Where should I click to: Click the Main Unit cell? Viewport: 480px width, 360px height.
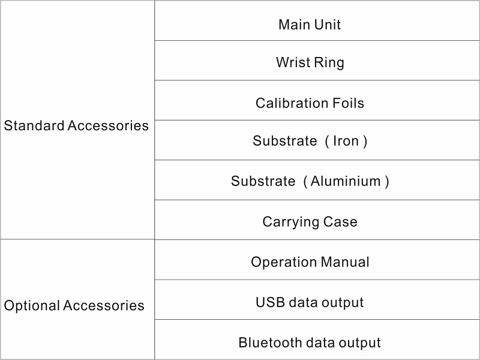(317, 20)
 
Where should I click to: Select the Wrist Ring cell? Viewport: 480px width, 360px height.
(317, 61)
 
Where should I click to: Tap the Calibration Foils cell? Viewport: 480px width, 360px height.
(317, 100)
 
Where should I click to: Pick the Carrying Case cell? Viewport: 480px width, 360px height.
(317, 220)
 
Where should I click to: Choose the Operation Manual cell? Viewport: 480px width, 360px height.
(317, 260)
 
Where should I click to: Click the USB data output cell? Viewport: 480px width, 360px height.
(317, 299)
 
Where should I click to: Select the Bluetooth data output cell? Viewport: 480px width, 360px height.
(317, 340)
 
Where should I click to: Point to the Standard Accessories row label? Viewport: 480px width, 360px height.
(76, 125)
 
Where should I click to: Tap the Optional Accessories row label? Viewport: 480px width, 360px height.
(74, 306)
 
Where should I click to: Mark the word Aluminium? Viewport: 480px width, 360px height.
(346, 181)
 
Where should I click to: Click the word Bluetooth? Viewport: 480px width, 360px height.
(271, 343)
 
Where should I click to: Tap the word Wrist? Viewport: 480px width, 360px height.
(293, 62)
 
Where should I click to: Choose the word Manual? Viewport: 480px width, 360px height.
(345, 262)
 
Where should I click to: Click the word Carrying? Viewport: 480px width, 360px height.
(289, 222)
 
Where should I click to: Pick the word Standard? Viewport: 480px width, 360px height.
(34, 125)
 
